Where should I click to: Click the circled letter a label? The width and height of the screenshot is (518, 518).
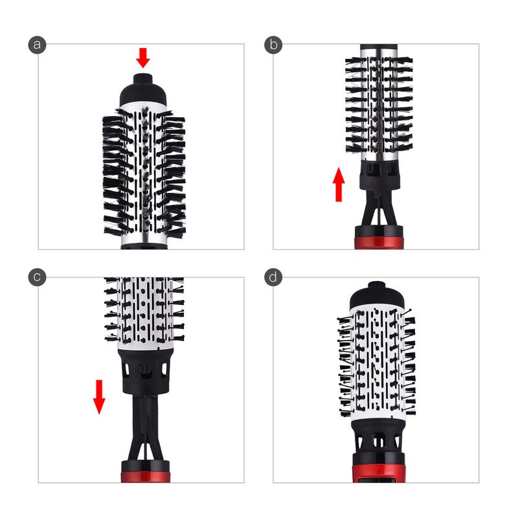pos(38,44)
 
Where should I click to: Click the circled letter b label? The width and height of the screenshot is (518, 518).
pos(273,44)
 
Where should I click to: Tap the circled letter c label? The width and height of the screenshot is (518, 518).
pos(38,277)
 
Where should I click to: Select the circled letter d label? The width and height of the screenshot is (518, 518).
pos(273,277)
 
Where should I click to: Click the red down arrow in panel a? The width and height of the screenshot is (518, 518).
pos(143,58)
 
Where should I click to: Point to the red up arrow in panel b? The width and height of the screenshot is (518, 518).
pos(339,184)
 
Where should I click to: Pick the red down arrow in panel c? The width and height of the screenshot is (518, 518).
pos(99,396)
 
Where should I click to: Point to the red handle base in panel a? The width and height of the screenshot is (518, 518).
pos(144,245)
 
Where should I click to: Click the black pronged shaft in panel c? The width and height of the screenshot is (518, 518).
pos(144,427)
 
